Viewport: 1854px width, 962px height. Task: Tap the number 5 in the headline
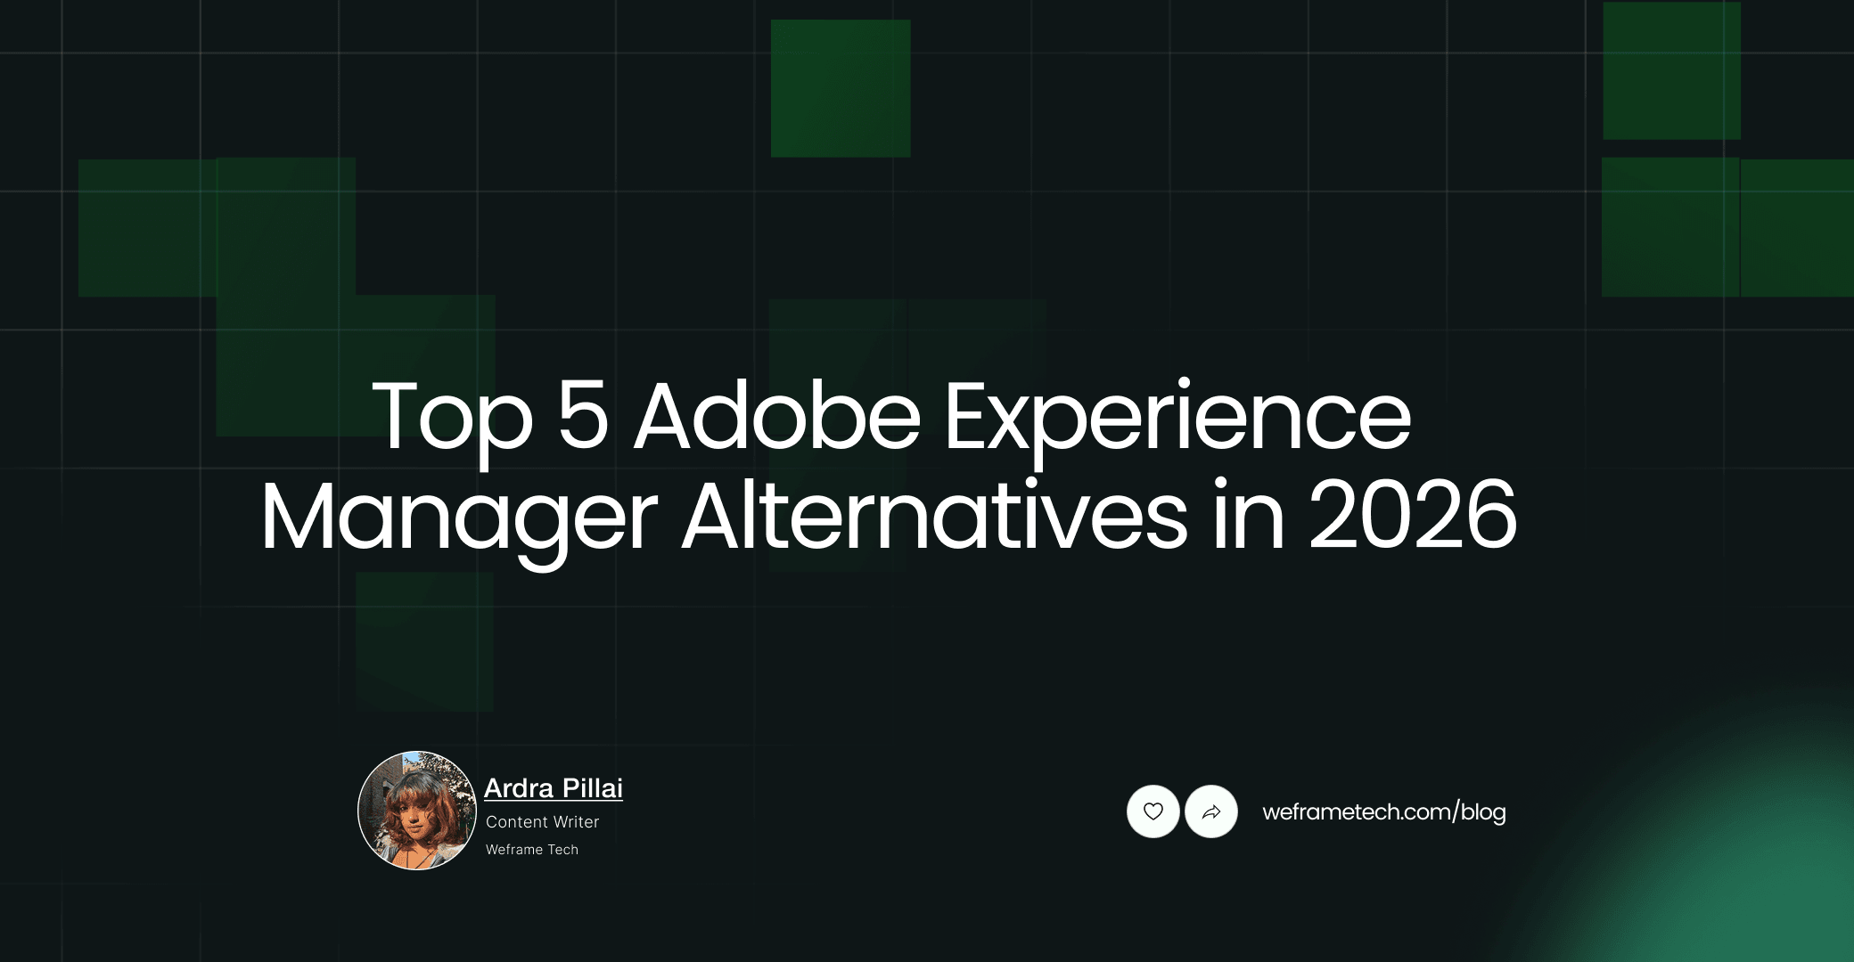click(x=583, y=415)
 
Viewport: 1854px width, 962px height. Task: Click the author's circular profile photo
click(x=416, y=811)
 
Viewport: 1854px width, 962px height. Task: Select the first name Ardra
click(x=520, y=788)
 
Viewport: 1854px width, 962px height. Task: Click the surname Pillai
click(x=593, y=788)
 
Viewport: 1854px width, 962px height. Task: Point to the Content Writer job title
click(x=542, y=822)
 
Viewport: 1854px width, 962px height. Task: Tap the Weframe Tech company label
click(x=532, y=850)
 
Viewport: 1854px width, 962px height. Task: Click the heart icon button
click(x=1153, y=811)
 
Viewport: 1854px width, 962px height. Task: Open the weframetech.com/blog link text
click(x=1383, y=812)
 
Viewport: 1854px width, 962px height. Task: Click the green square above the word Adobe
click(x=840, y=88)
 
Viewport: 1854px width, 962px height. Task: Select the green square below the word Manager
click(x=424, y=641)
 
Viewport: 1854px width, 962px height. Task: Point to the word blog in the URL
click(x=1483, y=812)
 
